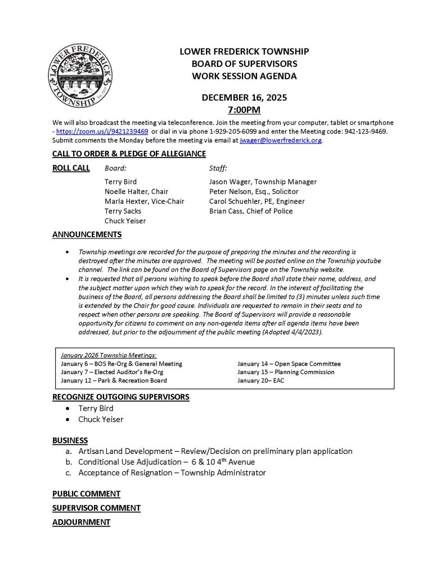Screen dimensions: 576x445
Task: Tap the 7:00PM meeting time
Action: pyautogui.click(x=244, y=110)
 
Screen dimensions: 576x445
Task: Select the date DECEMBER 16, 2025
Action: pyautogui.click(x=244, y=97)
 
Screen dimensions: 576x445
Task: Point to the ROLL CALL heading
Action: pyautogui.click(x=71, y=168)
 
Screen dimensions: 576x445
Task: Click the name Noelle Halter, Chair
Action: pyautogui.click(x=136, y=192)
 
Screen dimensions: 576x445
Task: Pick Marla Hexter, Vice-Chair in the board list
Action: pyautogui.click(x=144, y=201)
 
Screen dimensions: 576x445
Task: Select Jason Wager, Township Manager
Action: pyautogui.click(x=263, y=182)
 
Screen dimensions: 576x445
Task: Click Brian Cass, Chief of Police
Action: pyautogui.click(x=250, y=211)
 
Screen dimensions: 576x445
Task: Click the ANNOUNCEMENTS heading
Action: pyautogui.click(x=87, y=234)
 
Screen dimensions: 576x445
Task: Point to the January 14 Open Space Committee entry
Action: pyautogui.click(x=289, y=364)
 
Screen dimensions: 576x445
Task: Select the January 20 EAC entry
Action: pyautogui.click(x=260, y=381)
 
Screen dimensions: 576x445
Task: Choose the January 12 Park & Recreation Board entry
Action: pyautogui.click(x=114, y=381)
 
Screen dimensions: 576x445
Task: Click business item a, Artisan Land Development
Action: pyautogui.click(x=215, y=451)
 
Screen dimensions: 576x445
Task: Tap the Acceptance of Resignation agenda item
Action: pyautogui.click(x=172, y=472)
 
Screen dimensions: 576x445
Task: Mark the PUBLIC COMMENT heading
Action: pyautogui.click(x=86, y=494)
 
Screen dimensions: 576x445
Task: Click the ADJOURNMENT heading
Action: pyautogui.click(x=81, y=522)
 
